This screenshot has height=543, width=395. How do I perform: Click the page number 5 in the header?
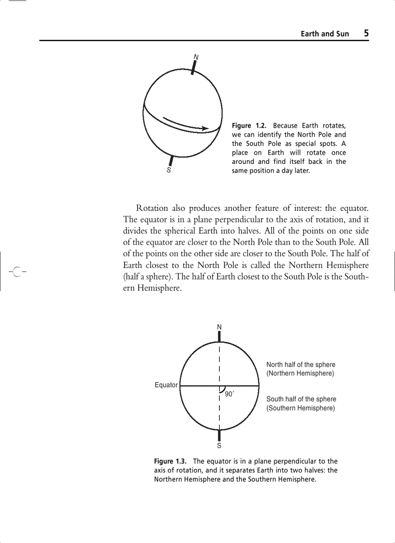(366, 33)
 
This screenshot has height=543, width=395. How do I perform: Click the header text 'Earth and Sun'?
(324, 34)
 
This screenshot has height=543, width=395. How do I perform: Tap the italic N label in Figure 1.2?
(196, 57)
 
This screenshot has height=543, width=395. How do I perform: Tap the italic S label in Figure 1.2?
(168, 170)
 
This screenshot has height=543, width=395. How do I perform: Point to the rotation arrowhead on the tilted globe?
(205, 128)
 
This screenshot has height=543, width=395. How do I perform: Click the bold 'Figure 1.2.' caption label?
(250, 126)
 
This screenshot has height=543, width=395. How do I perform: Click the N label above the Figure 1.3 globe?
(219, 327)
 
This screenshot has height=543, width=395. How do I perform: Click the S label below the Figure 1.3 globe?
(219, 445)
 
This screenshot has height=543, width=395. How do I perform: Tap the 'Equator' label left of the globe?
(166, 385)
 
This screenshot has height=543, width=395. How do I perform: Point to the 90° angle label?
(229, 394)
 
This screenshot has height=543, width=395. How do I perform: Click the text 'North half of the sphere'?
(301, 365)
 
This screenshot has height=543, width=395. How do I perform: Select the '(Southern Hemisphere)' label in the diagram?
(301, 408)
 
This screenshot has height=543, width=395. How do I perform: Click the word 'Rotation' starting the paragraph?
(152, 208)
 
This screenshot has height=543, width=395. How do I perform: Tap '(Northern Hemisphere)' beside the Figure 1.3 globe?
(301, 373)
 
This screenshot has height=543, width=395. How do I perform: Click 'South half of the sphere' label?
(301, 399)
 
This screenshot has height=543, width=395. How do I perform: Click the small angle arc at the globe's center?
(222, 389)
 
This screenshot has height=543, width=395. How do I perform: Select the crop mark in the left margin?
(16, 272)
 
